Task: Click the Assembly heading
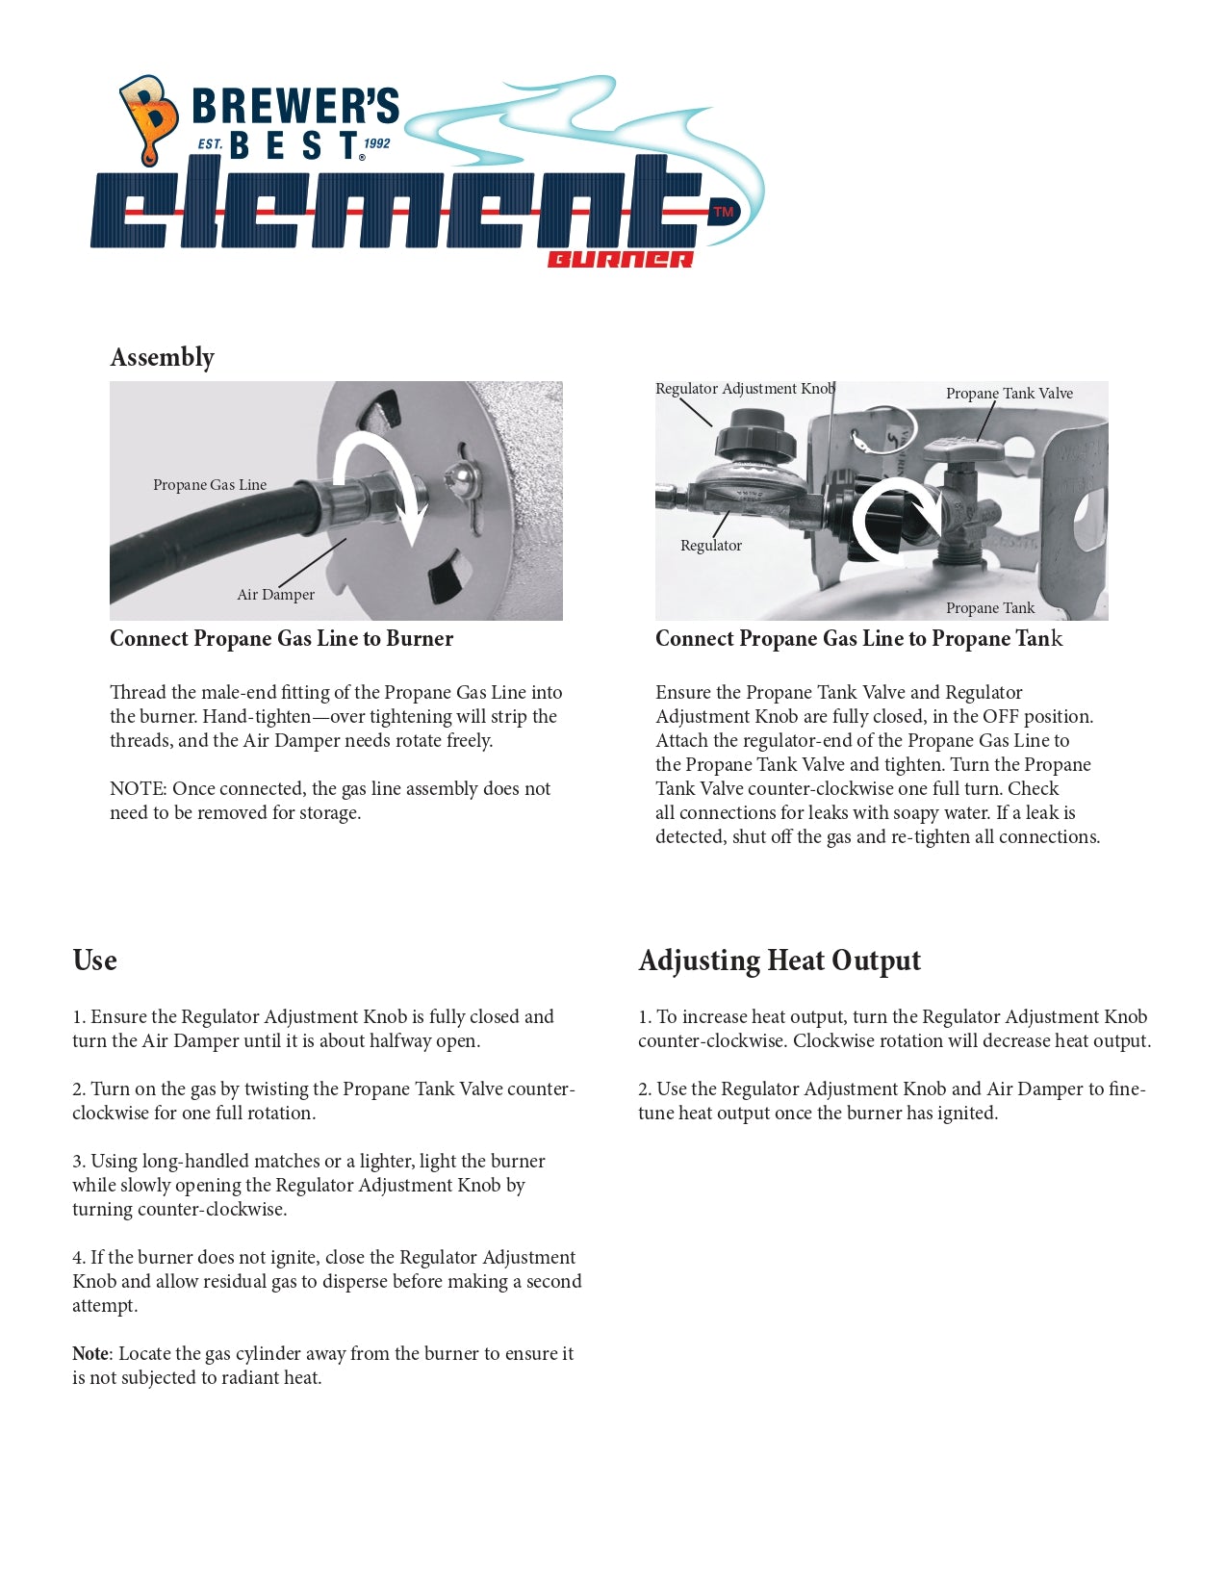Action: tap(162, 357)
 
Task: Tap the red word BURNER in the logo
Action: tap(620, 259)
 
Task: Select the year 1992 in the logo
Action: tap(376, 143)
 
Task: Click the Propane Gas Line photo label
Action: tap(210, 485)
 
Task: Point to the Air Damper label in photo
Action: tap(275, 595)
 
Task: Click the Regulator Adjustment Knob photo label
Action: tap(744, 389)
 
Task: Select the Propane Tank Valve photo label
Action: tap(1009, 394)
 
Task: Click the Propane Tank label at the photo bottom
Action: tap(989, 608)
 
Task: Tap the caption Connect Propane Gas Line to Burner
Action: tap(281, 639)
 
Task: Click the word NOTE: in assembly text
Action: tap(138, 789)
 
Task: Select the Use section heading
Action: tap(94, 960)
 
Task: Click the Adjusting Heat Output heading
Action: tap(779, 960)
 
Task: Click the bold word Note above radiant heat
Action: tap(90, 1354)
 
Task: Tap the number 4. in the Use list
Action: tap(79, 1258)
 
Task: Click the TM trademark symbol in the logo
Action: tap(723, 212)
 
